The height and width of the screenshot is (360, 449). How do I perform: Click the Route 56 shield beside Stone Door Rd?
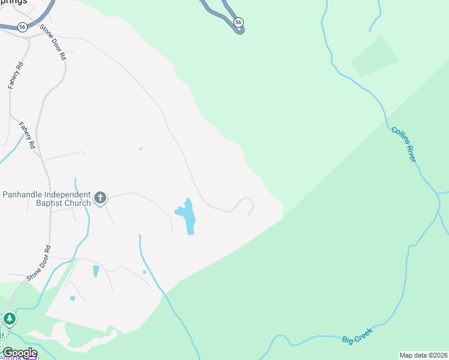tap(22, 27)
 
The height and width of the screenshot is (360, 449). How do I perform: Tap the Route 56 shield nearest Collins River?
tap(238, 22)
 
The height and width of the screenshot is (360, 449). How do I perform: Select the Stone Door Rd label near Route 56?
tap(53, 42)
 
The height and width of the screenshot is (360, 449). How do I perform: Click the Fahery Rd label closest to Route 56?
tap(15, 75)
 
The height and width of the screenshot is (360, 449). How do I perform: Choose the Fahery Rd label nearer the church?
tap(26, 136)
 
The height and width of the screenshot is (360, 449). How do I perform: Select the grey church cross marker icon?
tap(100, 197)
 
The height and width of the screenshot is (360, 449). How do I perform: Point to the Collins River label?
tap(403, 144)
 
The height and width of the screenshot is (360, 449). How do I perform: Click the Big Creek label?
tap(357, 335)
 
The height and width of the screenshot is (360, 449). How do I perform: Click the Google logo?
tap(19, 353)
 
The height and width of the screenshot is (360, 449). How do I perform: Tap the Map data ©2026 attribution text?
tap(423, 355)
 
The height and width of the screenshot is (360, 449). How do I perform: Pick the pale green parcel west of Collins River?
tap(374, 56)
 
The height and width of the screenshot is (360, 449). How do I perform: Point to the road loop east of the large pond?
tap(246, 205)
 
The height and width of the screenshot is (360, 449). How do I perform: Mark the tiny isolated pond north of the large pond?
tap(140, 149)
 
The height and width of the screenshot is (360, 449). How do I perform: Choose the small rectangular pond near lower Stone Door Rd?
tap(96, 271)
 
